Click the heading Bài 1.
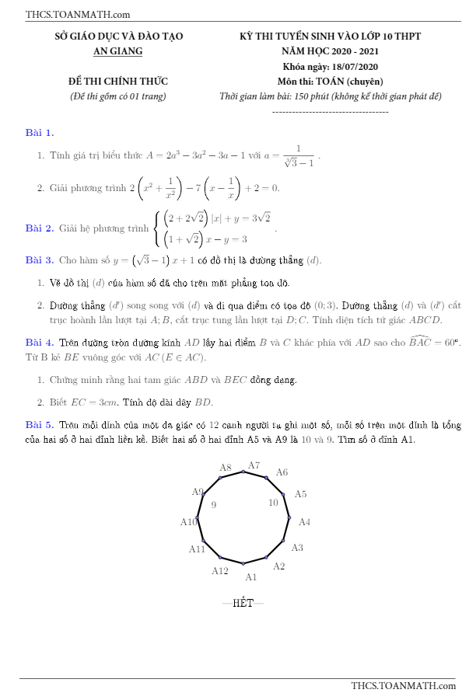(40, 133)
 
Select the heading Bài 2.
(40, 228)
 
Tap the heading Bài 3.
(40, 259)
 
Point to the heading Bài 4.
(40, 342)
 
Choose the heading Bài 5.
(40, 425)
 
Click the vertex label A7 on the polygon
(254, 466)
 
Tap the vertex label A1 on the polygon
(251, 577)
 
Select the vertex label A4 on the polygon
(305, 522)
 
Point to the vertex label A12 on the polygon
(220, 571)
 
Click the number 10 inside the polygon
(273, 503)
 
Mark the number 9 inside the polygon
(214, 505)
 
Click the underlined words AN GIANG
(118, 51)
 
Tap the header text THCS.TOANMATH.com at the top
(78, 14)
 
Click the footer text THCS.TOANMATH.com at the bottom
(403, 685)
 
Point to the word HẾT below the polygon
(243, 603)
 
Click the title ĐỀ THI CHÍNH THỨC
(118, 82)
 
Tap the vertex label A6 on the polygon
(282, 472)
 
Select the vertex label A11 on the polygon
(198, 549)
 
